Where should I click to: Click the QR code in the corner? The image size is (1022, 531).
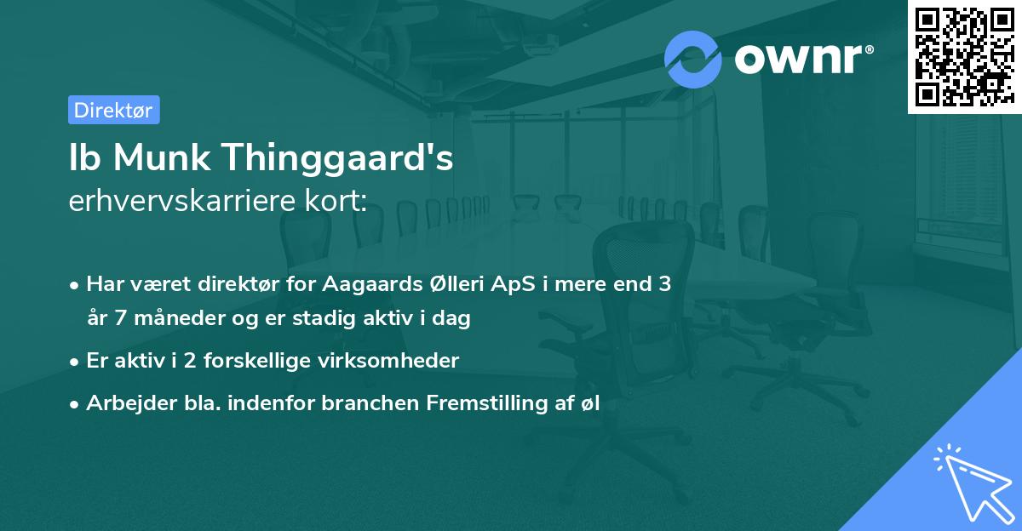coord(964,56)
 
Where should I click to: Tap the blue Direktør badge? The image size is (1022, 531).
coord(113,110)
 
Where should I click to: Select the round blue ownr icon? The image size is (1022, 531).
coord(693,59)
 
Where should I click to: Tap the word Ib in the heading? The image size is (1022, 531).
coord(83,159)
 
